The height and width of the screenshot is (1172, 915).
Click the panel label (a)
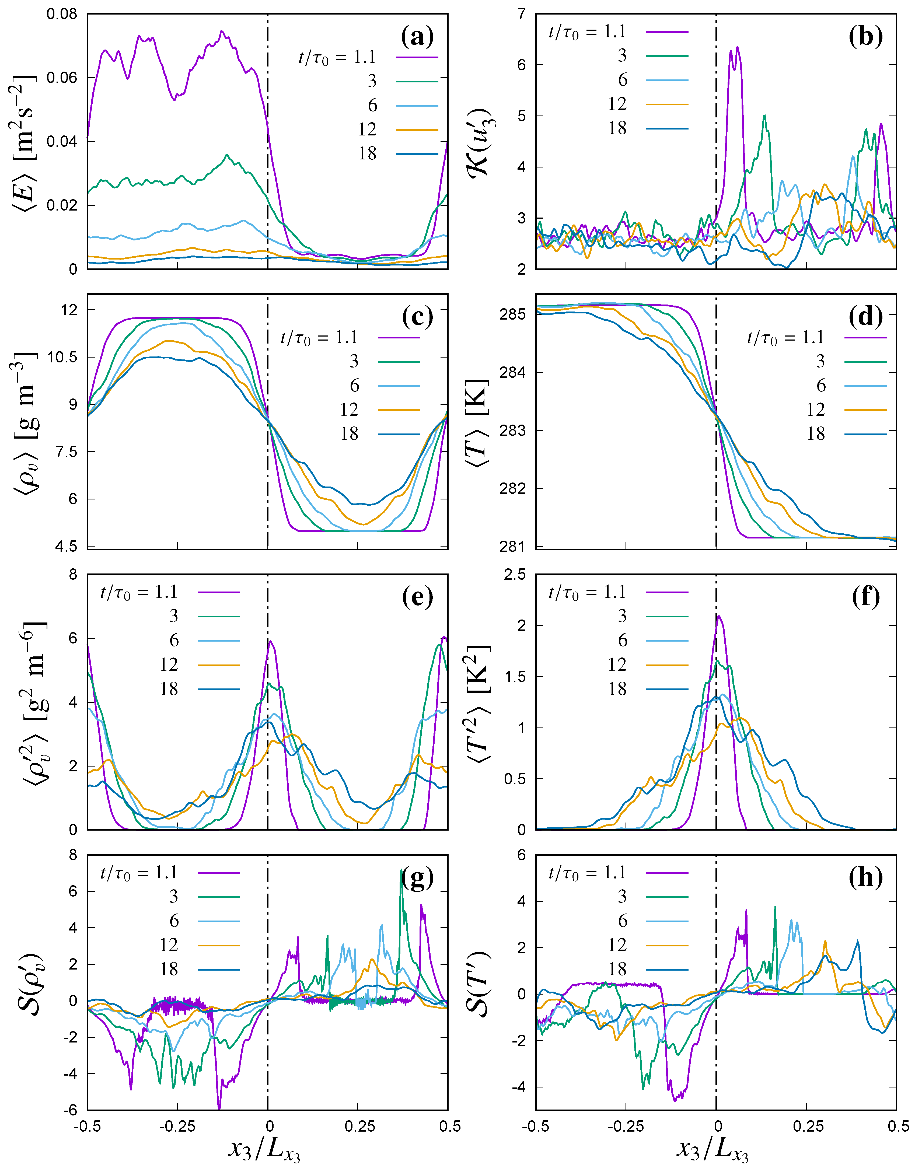coord(417,37)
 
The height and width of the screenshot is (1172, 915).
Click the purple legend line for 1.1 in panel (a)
coord(417,57)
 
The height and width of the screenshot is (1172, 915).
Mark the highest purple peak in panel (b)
coord(737,48)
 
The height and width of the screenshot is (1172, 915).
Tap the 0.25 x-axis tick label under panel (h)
coord(808,1126)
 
